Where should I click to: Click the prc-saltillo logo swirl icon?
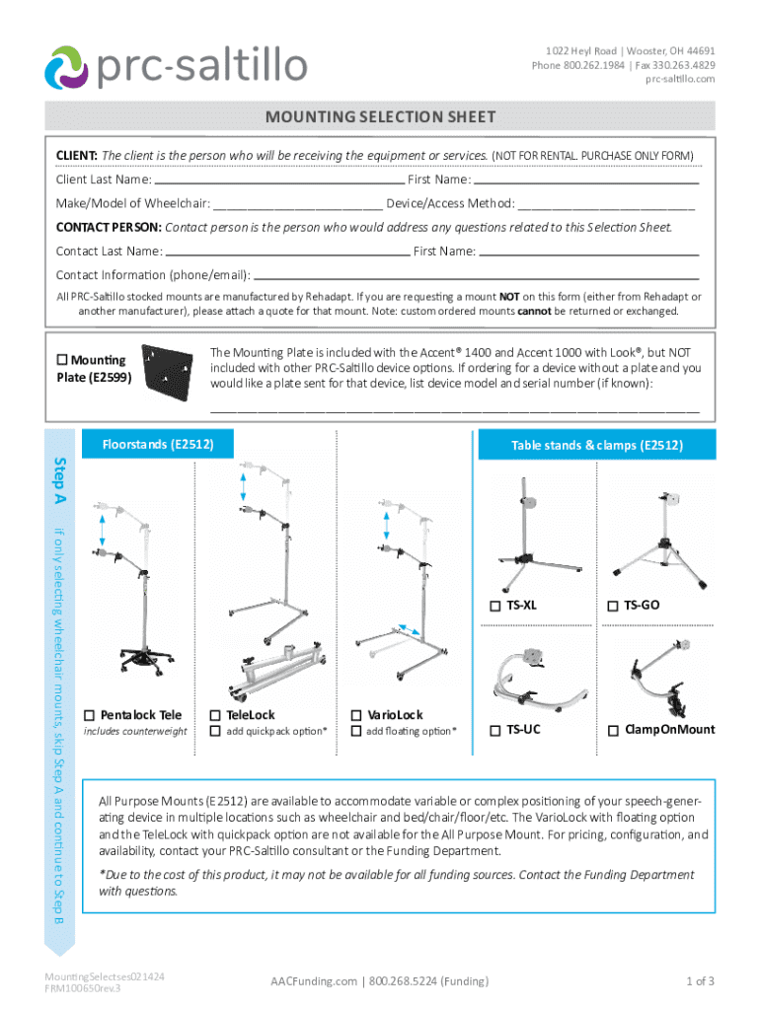(67, 66)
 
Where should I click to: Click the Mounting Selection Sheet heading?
(380, 117)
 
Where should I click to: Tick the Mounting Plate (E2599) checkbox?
(63, 360)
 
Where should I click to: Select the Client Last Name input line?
(279, 180)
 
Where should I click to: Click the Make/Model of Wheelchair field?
(297, 204)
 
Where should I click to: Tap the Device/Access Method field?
(606, 204)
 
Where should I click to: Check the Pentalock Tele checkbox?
(90, 714)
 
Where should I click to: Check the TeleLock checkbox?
(215, 714)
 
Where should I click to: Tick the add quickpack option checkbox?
(215, 731)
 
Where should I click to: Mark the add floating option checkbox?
(355, 731)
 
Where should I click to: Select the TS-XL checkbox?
(495, 606)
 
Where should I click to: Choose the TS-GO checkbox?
(613, 606)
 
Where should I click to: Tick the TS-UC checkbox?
(495, 731)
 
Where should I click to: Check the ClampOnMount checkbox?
(613, 731)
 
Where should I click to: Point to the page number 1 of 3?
(700, 980)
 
